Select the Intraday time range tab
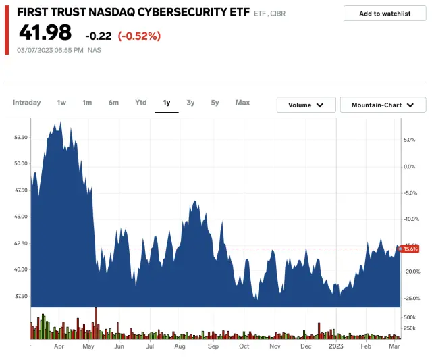pyautogui.click(x=27, y=103)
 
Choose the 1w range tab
pyautogui.click(x=61, y=103)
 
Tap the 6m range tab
pyautogui.click(x=113, y=103)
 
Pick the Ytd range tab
pyautogui.click(x=140, y=103)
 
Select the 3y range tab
pyautogui.click(x=190, y=103)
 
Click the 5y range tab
pyautogui.click(x=215, y=103)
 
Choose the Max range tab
pyautogui.click(x=242, y=103)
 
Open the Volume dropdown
pyautogui.click(x=306, y=105)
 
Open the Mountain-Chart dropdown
pyautogui.click(x=383, y=105)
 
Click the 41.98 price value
pyautogui.click(x=45, y=32)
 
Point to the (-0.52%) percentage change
pyautogui.click(x=139, y=36)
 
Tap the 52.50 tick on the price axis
pyautogui.click(x=20, y=137)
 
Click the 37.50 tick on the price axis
pyautogui.click(x=20, y=296)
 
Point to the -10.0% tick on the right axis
pyautogui.click(x=412, y=219)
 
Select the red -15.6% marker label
pyautogui.click(x=410, y=249)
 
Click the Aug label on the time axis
pyautogui.click(x=180, y=346)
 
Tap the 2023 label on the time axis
pyautogui.click(x=335, y=346)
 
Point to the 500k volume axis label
pyautogui.click(x=410, y=317)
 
